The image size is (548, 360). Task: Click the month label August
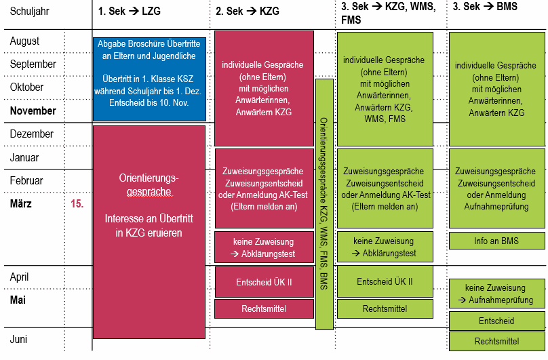coord(25,41)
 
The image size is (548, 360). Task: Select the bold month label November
coord(33,111)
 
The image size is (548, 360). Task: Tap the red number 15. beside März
coord(77,203)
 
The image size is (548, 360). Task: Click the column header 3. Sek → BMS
coord(485,7)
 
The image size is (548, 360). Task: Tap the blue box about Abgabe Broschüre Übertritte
coord(149,79)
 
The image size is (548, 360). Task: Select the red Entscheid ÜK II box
coord(264,282)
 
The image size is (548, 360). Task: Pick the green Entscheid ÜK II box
coord(385,281)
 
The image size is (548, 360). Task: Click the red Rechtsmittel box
coord(264,308)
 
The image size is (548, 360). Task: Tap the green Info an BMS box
coord(496,241)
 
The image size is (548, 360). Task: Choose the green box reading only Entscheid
coord(496,321)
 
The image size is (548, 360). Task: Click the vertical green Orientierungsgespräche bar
coord(324,204)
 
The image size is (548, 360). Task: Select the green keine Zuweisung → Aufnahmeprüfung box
coord(496,294)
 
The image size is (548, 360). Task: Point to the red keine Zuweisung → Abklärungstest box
coord(264,247)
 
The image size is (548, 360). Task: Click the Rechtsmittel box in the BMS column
coord(496,342)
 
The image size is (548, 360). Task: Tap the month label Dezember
coord(31,134)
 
